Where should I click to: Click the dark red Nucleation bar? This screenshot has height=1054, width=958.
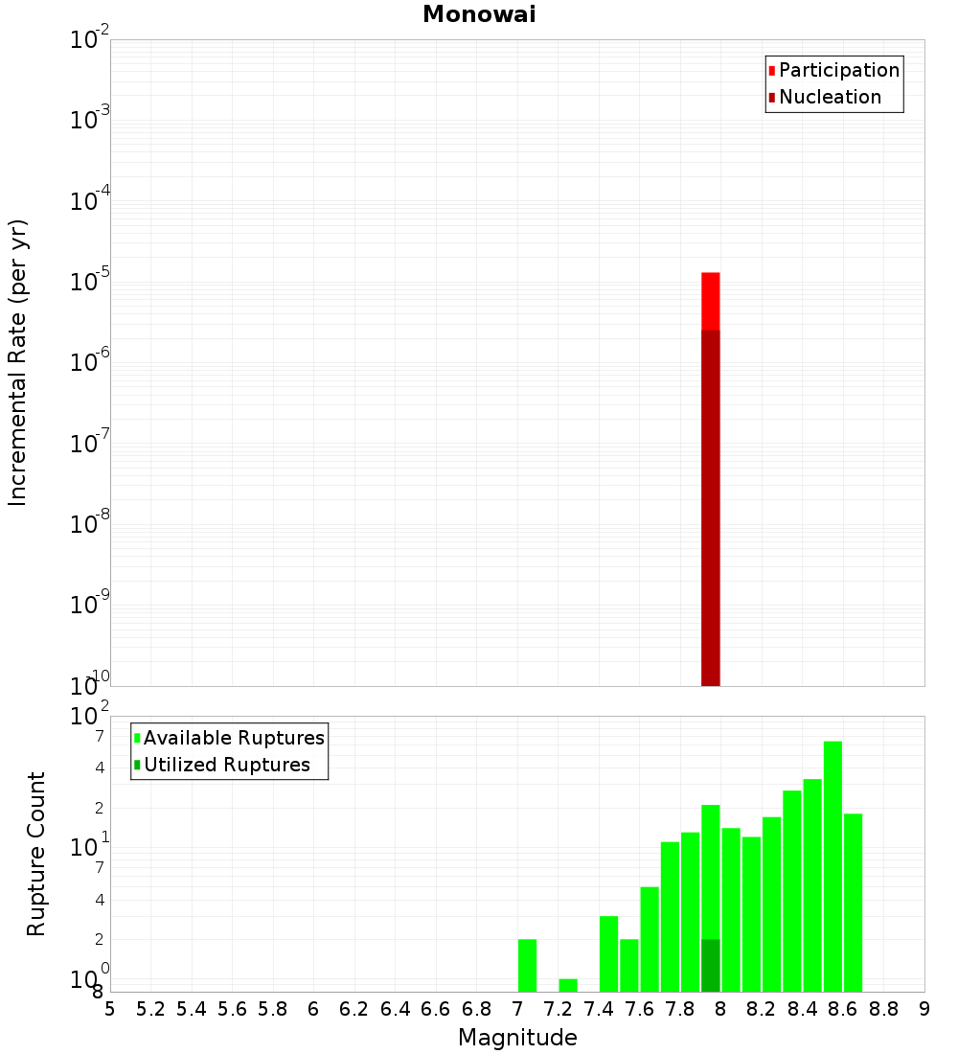(x=710, y=508)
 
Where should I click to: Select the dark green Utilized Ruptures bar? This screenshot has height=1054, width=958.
(x=710, y=966)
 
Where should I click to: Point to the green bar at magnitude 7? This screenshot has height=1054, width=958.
(x=527, y=966)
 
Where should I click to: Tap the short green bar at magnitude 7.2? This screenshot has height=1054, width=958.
(x=568, y=985)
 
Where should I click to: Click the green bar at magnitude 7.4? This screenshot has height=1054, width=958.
(x=608, y=954)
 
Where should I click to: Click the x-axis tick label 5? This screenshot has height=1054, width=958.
(x=110, y=1009)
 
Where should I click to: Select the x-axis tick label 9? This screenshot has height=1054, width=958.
(x=924, y=1009)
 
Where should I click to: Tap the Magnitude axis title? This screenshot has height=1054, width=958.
(x=517, y=1038)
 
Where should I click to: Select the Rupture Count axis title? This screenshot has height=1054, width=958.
(x=36, y=854)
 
